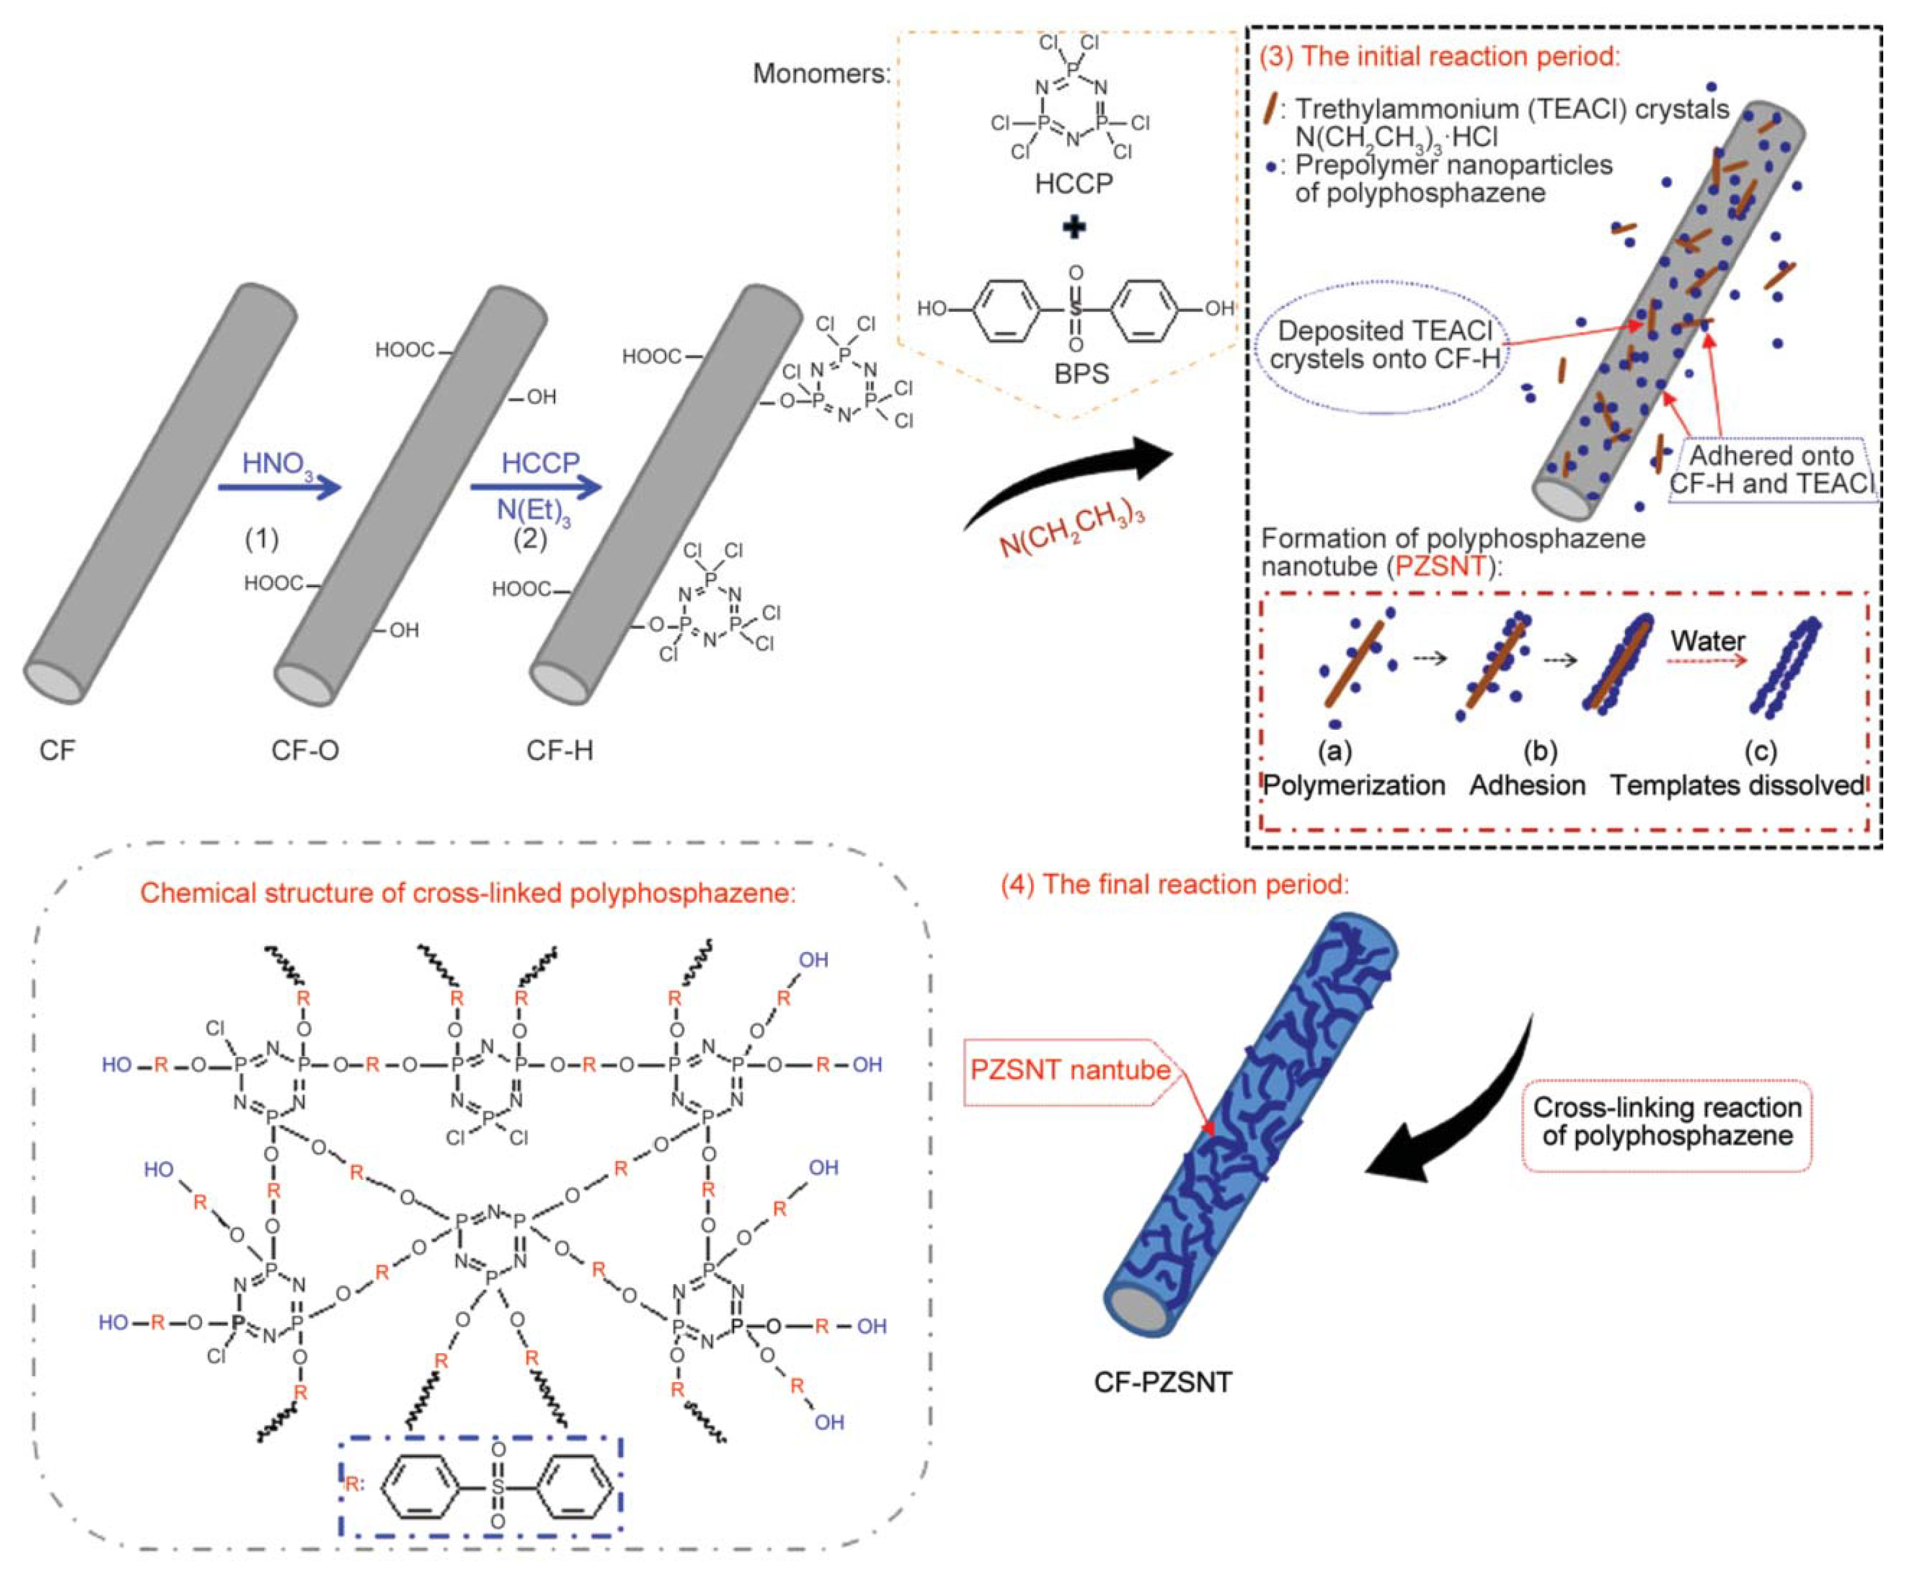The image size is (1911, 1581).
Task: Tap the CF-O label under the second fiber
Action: (x=305, y=751)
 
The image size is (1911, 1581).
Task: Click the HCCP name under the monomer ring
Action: (x=1074, y=184)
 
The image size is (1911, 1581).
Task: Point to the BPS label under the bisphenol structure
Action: (x=1081, y=374)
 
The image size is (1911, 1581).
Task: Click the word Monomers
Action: (x=821, y=74)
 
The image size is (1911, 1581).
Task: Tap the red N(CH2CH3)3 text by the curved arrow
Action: (x=1071, y=528)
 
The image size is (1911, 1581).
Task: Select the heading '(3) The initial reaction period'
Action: (x=1440, y=56)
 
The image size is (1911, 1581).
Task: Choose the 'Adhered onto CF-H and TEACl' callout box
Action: (x=1771, y=469)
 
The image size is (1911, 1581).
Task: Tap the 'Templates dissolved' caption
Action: (x=1737, y=785)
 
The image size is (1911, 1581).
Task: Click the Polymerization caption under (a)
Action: (x=1353, y=785)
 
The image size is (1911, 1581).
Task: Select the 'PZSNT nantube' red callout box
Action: (x=1070, y=1069)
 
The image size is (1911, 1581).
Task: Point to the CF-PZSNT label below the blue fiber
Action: (x=1162, y=1383)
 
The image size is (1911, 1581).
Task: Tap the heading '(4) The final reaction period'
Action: (x=1174, y=883)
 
